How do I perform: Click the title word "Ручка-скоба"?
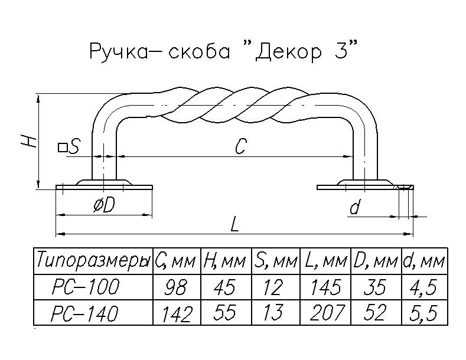point(158,51)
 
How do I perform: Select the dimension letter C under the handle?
point(239,146)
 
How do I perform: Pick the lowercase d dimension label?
point(354,207)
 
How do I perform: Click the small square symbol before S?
point(61,146)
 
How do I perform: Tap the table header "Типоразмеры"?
point(93,260)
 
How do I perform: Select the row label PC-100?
point(86,287)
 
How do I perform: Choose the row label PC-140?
point(86,313)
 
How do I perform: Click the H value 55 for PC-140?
point(225,313)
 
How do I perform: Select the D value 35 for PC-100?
point(374,288)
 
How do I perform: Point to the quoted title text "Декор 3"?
point(302,51)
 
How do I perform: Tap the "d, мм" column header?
point(423,260)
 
